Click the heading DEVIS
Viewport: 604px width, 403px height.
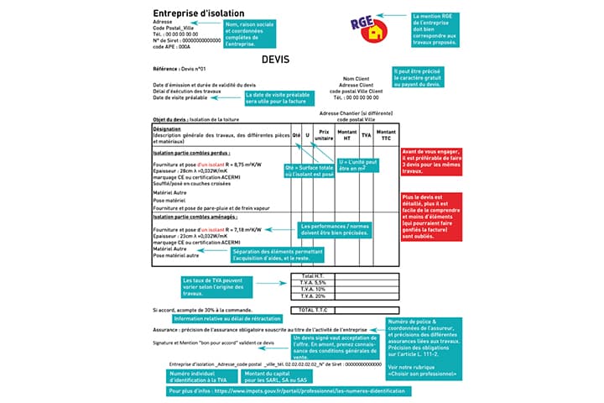click(276, 61)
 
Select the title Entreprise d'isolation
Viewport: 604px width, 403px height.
click(198, 13)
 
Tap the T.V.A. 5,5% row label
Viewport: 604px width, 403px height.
click(313, 282)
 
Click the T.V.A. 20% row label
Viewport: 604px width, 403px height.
click(313, 296)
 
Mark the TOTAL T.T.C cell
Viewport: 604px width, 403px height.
click(312, 310)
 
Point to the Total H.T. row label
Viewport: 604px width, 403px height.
click(313, 275)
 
